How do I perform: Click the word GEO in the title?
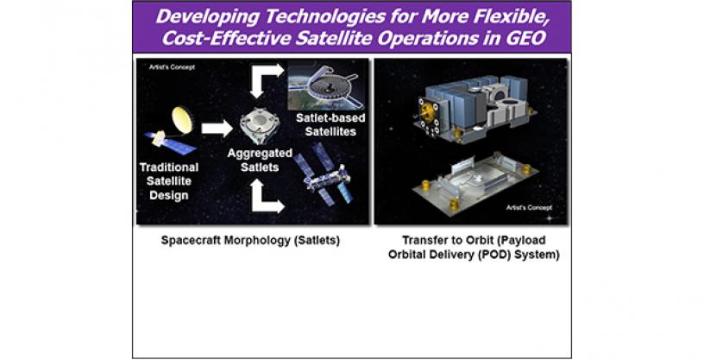tap(524, 38)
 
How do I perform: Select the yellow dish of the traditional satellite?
tap(182, 121)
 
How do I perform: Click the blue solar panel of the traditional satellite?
tap(170, 142)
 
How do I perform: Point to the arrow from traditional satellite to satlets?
tap(217, 129)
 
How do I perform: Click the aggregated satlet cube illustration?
tap(260, 126)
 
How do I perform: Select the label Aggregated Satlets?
tap(260, 160)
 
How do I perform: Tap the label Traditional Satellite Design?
tap(169, 181)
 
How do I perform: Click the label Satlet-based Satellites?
tap(330, 124)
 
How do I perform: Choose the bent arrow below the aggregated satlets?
tap(266, 196)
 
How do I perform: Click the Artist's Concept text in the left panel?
tap(172, 67)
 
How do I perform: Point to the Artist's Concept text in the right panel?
tap(529, 208)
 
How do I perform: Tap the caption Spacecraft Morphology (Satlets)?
tap(250, 241)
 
